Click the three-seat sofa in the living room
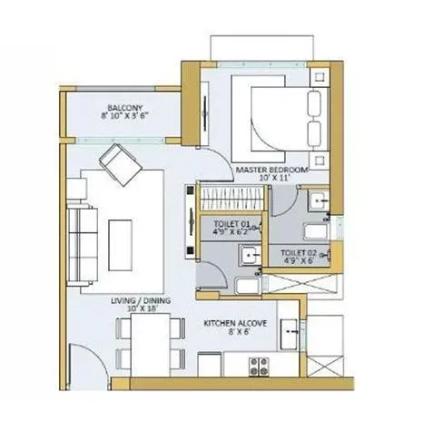click(84, 233)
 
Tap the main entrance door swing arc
click(84, 363)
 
